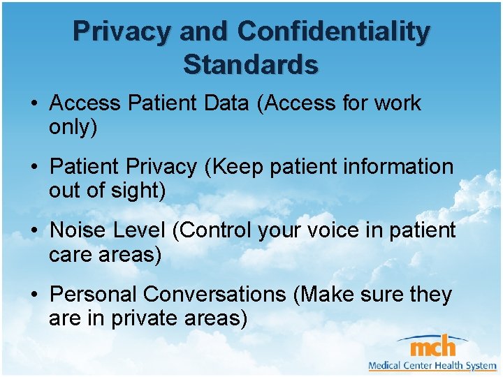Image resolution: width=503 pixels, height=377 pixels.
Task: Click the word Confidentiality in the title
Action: [x=333, y=31]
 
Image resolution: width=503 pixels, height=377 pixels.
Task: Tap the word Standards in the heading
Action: [x=251, y=65]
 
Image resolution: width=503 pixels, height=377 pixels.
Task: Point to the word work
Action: [x=398, y=103]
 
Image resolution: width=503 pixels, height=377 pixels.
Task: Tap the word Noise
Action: [x=78, y=230]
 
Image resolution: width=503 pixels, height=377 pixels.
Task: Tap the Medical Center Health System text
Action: [x=432, y=365]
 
